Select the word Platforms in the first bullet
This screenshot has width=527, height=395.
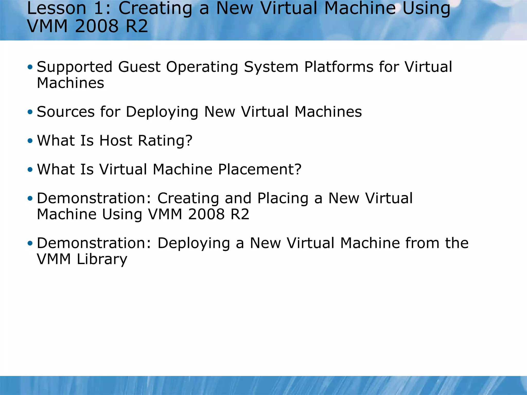pos(339,67)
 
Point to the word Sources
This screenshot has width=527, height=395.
pos(66,112)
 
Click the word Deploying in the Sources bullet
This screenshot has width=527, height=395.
pos(162,112)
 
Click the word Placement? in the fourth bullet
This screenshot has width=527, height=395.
pos(260,169)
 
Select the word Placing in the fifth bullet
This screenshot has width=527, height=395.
pos(283,199)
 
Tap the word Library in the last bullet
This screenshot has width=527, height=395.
pos(102,259)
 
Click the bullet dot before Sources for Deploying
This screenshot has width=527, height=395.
pos(30,112)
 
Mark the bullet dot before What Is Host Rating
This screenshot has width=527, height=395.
pos(30,141)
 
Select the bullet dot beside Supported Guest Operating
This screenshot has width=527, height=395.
pos(30,67)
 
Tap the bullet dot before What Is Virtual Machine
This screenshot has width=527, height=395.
pos(30,169)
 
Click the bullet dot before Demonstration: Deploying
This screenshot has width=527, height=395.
pos(30,243)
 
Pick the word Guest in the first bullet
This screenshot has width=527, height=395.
pos(139,67)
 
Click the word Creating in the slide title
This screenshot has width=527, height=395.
pos(155,8)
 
